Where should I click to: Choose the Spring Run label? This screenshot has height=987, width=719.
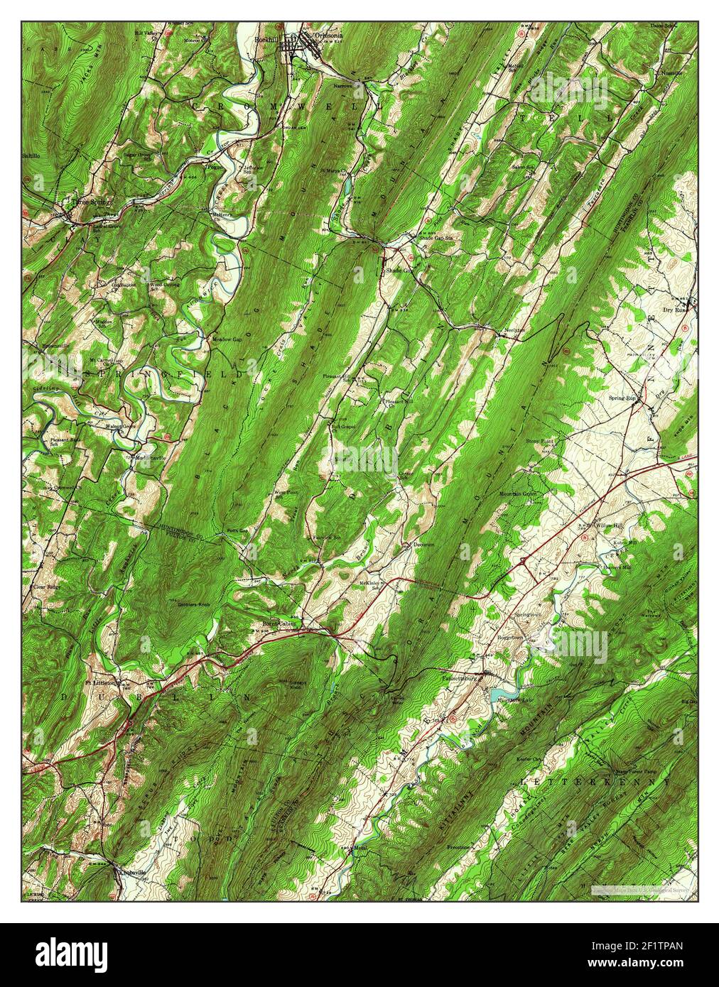(621, 398)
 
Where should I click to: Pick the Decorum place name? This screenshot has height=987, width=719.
(423, 545)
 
